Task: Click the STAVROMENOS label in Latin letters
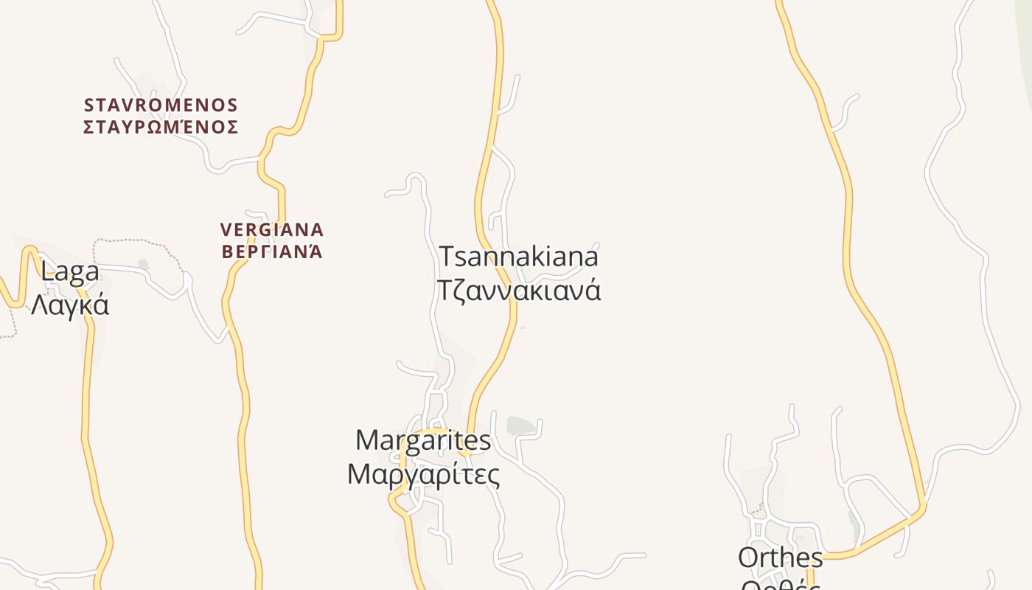tap(161, 105)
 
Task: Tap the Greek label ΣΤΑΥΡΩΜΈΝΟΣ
tap(161, 128)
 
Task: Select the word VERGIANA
tap(272, 230)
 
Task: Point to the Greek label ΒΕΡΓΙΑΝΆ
tap(272, 251)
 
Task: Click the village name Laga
tap(70, 272)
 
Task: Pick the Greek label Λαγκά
tap(70, 304)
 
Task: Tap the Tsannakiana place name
tap(519, 257)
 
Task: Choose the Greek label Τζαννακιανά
tap(519, 289)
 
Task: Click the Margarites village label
tap(423, 440)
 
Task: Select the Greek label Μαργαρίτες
tap(423, 473)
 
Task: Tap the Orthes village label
tap(781, 558)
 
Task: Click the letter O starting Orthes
tap(749, 558)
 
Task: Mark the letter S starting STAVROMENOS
tap(89, 105)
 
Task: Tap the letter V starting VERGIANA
tap(226, 230)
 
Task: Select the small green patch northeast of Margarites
tap(520, 426)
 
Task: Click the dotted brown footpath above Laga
tap(129, 240)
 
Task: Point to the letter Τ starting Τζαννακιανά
tap(445, 289)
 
